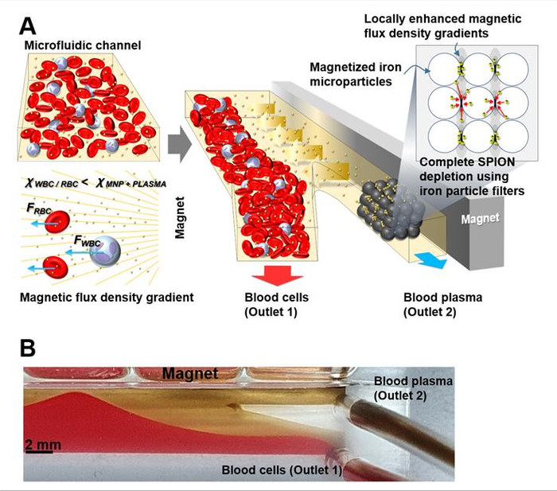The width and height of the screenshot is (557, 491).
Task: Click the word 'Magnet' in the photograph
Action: point(190,372)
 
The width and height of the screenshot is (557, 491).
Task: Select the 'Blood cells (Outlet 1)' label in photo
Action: point(282,470)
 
